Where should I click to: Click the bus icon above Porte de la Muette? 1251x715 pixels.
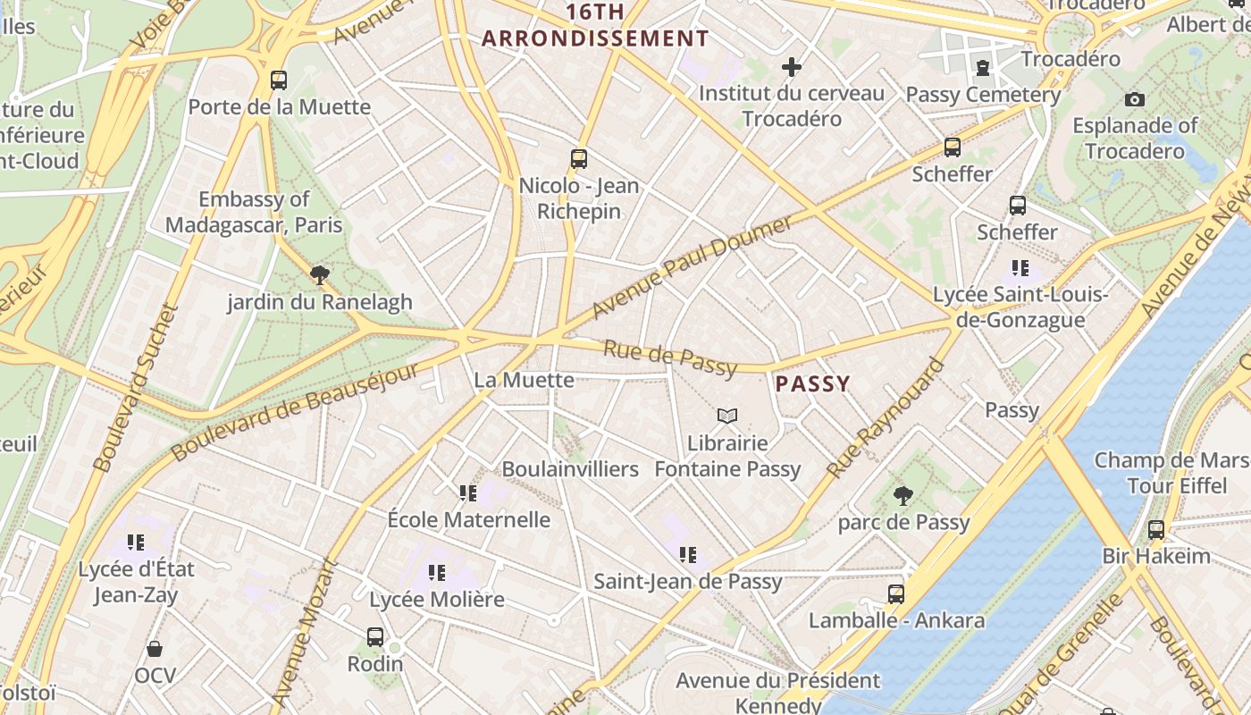(279, 80)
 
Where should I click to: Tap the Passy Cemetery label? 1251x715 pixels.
(983, 95)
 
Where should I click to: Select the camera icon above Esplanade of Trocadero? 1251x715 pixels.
(1135, 99)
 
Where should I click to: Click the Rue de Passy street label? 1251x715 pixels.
(670, 357)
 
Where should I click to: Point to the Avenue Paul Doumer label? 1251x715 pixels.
(692, 266)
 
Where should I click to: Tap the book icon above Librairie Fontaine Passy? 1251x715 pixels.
(727, 416)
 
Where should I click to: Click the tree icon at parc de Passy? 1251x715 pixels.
(903, 495)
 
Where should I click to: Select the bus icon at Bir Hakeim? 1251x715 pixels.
(1156, 529)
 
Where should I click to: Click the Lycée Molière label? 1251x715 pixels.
(437, 599)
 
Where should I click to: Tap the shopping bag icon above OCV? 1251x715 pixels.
(155, 649)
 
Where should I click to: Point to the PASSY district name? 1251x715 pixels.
(812, 384)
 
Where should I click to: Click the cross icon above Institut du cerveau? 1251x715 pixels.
(791, 67)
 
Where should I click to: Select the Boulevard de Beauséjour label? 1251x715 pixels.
(295, 410)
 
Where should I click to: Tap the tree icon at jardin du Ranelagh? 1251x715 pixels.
(319, 275)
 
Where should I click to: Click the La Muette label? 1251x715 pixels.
(524, 380)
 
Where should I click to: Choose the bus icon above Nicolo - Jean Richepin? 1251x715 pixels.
(579, 159)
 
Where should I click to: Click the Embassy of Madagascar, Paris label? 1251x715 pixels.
(255, 212)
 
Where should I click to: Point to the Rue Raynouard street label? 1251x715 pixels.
(885, 417)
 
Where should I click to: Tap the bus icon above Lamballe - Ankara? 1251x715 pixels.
(896, 593)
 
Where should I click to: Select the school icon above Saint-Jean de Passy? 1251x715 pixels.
(687, 555)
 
